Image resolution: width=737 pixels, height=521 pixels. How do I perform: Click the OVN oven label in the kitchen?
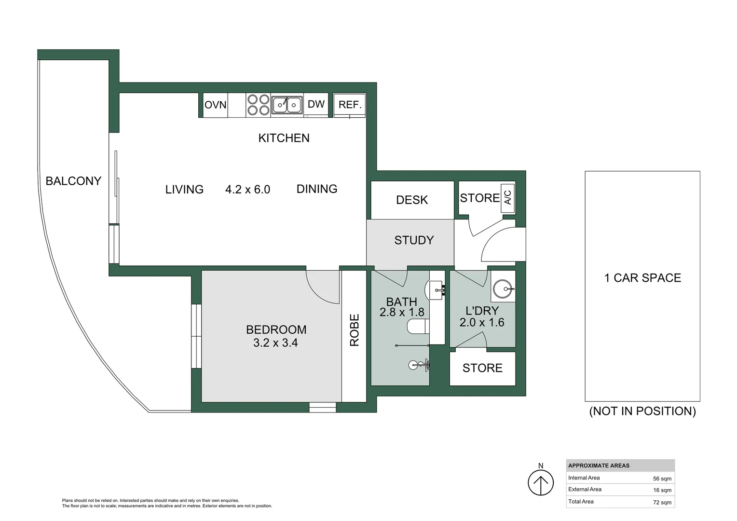(216, 105)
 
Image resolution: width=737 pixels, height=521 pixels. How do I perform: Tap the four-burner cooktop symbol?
(258, 105)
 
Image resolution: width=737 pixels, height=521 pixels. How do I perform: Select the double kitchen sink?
(287, 105)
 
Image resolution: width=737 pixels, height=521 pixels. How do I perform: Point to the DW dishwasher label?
(316, 104)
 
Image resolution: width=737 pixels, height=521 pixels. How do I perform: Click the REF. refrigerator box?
(349, 105)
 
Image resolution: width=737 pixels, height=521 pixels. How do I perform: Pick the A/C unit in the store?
(508, 198)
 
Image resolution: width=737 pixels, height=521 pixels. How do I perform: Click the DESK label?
(412, 200)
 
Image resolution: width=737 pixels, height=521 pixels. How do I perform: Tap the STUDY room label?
(414, 240)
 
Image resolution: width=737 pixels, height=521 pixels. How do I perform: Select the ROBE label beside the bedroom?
(354, 330)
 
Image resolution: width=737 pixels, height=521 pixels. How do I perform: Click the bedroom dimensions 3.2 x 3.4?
(276, 343)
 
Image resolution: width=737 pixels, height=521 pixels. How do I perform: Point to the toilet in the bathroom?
(418, 327)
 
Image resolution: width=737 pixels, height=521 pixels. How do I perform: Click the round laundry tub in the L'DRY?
(503, 288)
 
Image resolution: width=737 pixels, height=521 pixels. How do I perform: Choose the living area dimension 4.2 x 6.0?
(248, 190)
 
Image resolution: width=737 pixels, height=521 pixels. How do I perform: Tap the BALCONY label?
(73, 181)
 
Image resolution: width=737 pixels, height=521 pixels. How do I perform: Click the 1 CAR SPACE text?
(642, 278)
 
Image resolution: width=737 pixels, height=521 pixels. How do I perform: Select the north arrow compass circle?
(541, 483)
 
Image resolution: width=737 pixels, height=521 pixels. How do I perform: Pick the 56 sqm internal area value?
(662, 479)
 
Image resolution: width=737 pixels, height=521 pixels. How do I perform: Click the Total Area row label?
(581, 502)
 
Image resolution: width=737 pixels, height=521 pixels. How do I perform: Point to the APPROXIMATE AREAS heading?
(599, 466)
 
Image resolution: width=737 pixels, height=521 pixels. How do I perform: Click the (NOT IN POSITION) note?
(642, 411)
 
